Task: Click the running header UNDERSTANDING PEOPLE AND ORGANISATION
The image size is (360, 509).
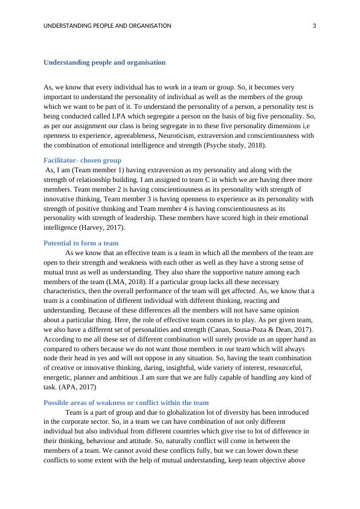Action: point(108,25)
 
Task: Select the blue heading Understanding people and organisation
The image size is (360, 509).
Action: point(104,62)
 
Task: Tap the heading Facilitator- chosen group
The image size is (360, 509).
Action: point(82,160)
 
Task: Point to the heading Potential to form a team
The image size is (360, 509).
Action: point(81,242)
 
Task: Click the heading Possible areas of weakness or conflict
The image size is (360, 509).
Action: point(126,402)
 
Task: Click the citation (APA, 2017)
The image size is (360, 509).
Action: point(79,387)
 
